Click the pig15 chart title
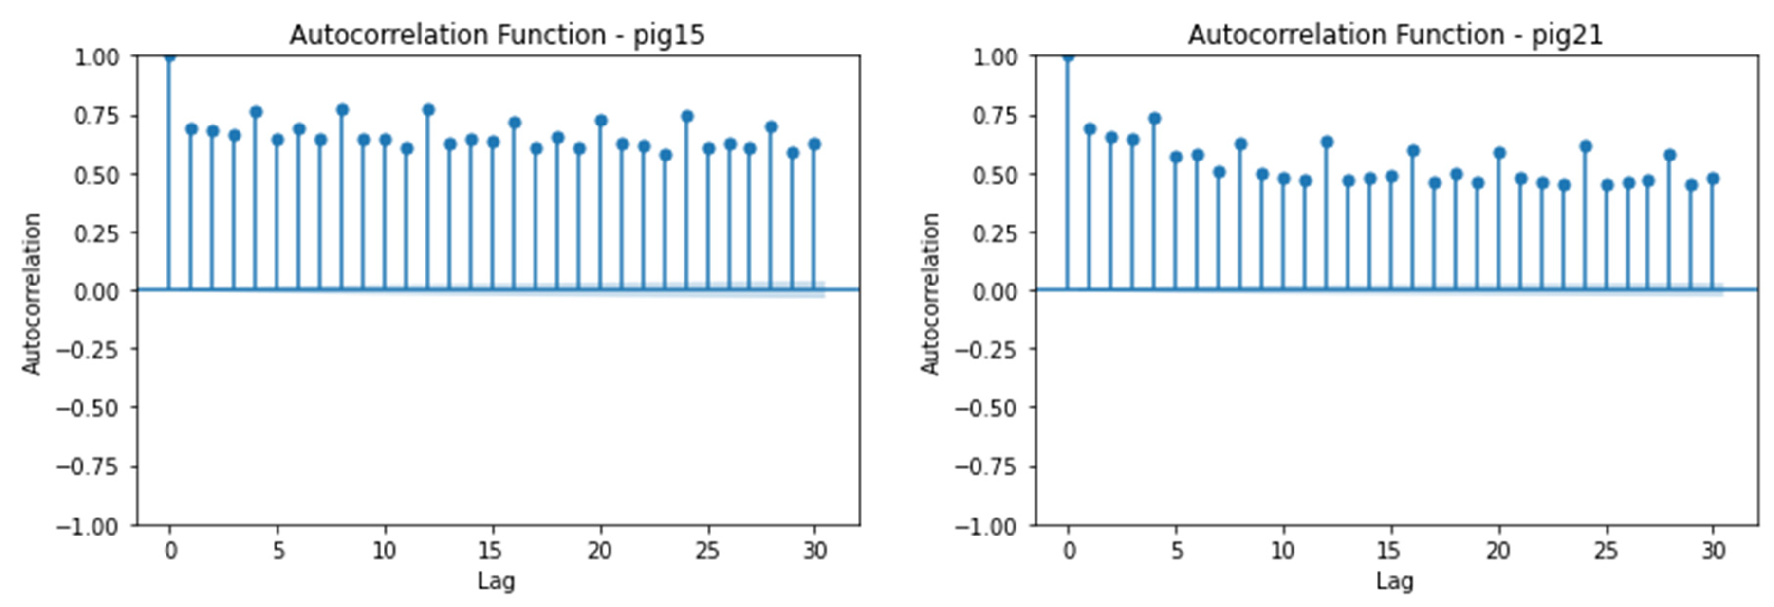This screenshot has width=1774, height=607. click(x=497, y=35)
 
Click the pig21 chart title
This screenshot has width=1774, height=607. click(x=1395, y=35)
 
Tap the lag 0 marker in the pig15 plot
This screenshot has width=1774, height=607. click(x=169, y=56)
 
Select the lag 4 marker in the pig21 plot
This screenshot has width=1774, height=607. click(x=1154, y=118)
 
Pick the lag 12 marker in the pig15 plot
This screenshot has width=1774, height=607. click(x=428, y=109)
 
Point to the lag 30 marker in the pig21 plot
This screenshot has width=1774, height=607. click(x=1713, y=178)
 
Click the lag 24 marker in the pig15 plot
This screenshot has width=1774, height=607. click(x=686, y=116)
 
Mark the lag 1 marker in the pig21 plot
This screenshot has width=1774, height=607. click(x=1090, y=129)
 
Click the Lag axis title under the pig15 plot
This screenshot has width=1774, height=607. click(x=496, y=582)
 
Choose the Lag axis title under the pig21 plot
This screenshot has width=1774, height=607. click(x=1395, y=582)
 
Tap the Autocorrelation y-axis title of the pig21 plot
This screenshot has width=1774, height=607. click(x=930, y=294)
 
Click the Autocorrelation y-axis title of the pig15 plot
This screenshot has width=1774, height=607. click(x=32, y=294)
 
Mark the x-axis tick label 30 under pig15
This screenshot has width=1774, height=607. click(x=814, y=551)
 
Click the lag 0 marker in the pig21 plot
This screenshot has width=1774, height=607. click(x=1068, y=56)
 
